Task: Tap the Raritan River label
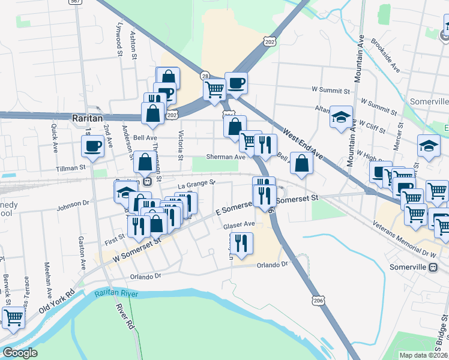[x=116, y=293]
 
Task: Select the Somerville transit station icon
[x=433, y=268]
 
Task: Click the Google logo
[x=20, y=353]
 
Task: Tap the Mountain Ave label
[x=360, y=58]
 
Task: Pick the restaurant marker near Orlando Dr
[x=241, y=244]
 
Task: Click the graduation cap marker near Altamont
[x=341, y=117]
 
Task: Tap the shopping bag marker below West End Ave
[x=301, y=163]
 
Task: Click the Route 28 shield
[x=205, y=76]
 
